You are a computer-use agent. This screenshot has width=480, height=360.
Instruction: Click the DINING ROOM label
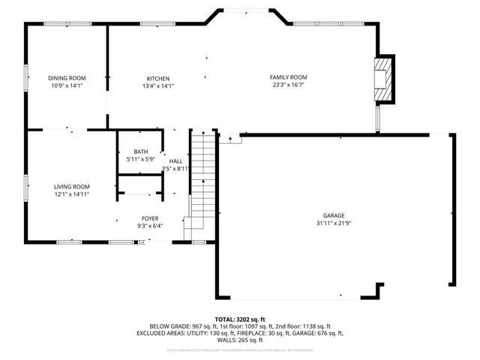pyautogui.click(x=67, y=78)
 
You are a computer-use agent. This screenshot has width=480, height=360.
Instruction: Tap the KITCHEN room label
pyautogui.click(x=157, y=78)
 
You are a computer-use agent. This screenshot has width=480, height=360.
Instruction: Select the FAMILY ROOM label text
pyautogui.click(x=288, y=77)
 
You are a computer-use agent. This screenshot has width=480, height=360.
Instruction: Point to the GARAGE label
pyautogui.click(x=334, y=215)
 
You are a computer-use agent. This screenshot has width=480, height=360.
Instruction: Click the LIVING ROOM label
pyautogui.click(x=71, y=187)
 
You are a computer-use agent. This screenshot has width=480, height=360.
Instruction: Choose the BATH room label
pyautogui.click(x=140, y=151)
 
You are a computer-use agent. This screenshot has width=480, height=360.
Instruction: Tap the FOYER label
pyautogui.click(x=150, y=217)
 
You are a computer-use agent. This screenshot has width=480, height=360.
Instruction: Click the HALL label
pyautogui.click(x=175, y=161)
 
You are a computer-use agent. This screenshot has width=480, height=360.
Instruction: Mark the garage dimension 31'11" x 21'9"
pyautogui.click(x=334, y=223)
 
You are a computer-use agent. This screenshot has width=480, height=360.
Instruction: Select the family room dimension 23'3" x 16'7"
pyautogui.click(x=288, y=85)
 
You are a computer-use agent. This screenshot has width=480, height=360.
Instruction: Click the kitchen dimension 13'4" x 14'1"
pyautogui.click(x=157, y=85)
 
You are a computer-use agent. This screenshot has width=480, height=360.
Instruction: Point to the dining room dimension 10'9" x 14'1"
pyautogui.click(x=67, y=85)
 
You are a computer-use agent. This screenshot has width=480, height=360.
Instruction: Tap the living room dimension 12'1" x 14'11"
pyautogui.click(x=71, y=194)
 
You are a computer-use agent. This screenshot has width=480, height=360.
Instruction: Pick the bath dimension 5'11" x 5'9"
pyautogui.click(x=140, y=159)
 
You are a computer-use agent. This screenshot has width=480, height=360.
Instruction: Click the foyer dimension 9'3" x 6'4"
pyautogui.click(x=150, y=225)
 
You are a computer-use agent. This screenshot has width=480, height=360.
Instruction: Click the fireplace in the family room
pyautogui.click(x=384, y=78)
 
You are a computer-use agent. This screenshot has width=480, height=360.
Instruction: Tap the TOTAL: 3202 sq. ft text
pyautogui.click(x=240, y=319)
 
